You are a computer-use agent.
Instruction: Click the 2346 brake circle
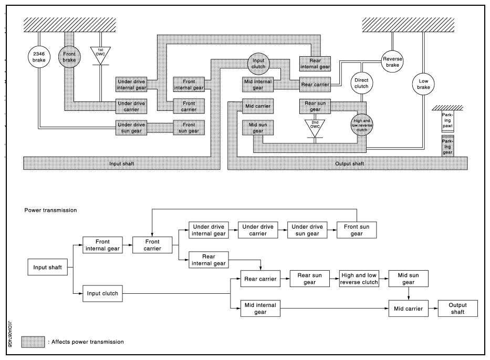pyautogui.click(x=39, y=57)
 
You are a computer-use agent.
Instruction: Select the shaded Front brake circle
pyautogui.click(x=69, y=57)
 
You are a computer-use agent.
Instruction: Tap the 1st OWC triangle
pyautogui.click(x=100, y=55)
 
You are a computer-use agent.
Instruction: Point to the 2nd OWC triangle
pyautogui.click(x=315, y=128)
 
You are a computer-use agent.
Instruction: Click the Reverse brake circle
pyautogui.click(x=392, y=61)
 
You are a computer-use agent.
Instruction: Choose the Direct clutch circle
pyautogui.click(x=361, y=83)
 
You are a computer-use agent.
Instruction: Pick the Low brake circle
pyautogui.click(x=423, y=84)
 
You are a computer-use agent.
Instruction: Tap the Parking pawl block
pyautogui.click(x=447, y=121)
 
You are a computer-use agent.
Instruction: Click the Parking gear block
pyautogui.click(x=447, y=146)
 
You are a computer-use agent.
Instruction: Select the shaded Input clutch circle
pyautogui.click(x=258, y=64)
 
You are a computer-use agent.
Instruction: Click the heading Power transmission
pyautogui.click(x=50, y=210)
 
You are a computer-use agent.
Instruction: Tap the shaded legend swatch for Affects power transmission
pyautogui.click(x=33, y=342)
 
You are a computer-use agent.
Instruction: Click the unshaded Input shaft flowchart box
pyautogui.click(x=47, y=267)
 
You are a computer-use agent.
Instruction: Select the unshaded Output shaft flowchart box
pyautogui.click(x=458, y=308)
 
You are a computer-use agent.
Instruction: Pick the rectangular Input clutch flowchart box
pyautogui.click(x=102, y=293)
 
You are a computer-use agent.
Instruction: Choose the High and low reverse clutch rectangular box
pyautogui.click(x=359, y=279)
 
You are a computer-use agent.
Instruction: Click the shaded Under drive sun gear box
pyautogui.click(x=131, y=128)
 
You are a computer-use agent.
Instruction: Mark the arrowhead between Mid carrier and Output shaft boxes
pyautogui.click(x=435, y=308)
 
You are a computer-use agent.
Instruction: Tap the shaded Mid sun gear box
pyautogui.click(x=258, y=128)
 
